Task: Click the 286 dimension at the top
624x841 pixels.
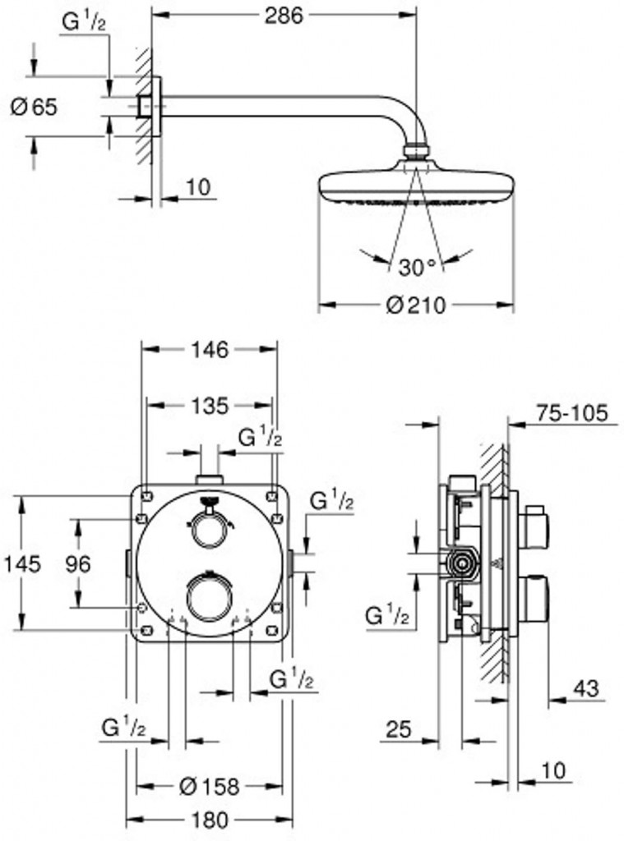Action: coord(284,16)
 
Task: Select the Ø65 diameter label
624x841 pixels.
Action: coord(33,108)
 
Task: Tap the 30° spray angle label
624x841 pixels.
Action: coord(418,267)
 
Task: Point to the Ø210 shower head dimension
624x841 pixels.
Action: coord(416,306)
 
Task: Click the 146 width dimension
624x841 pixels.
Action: coord(210,350)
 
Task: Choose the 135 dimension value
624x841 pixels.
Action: coord(210,406)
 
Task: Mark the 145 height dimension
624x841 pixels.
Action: coord(22,563)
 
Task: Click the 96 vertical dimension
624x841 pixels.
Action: coord(78,563)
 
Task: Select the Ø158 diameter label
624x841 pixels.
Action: coord(209,787)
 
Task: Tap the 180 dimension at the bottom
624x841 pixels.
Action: coord(210,820)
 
